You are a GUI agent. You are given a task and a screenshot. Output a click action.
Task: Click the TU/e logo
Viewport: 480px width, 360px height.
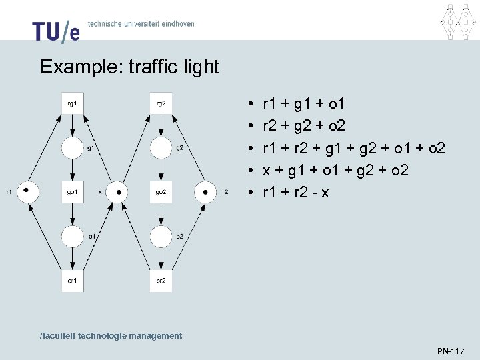55,30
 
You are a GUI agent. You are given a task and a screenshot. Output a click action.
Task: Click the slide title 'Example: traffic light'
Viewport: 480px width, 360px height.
129,67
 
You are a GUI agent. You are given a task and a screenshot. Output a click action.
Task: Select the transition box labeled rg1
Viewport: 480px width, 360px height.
72,103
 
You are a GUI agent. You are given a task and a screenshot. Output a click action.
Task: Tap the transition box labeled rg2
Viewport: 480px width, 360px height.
161,103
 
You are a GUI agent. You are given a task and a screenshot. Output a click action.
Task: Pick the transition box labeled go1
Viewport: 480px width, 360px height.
72,192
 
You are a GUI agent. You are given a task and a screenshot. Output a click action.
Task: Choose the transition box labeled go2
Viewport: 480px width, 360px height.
161,192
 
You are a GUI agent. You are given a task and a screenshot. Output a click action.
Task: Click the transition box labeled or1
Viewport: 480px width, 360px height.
72,280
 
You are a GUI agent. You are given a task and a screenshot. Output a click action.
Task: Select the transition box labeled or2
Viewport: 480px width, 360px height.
161,280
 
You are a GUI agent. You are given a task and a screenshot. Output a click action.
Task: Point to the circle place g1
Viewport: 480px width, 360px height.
72,148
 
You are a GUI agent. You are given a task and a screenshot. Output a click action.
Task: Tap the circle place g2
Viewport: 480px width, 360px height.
161,148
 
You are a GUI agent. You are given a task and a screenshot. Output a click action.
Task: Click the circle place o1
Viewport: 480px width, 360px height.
72,236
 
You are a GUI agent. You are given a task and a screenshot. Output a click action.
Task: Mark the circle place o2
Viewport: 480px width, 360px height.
161,236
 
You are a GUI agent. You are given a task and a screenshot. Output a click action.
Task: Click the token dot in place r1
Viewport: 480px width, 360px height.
26,189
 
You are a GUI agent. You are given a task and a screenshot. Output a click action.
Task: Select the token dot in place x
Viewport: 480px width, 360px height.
117,192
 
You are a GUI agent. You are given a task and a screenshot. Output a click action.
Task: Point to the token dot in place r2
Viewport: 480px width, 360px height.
206,192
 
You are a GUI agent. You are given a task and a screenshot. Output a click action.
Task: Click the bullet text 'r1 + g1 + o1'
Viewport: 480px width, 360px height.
304,104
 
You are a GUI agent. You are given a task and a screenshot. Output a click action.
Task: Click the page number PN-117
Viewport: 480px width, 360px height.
451,351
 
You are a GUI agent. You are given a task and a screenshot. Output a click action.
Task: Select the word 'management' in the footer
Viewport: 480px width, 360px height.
153,336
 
